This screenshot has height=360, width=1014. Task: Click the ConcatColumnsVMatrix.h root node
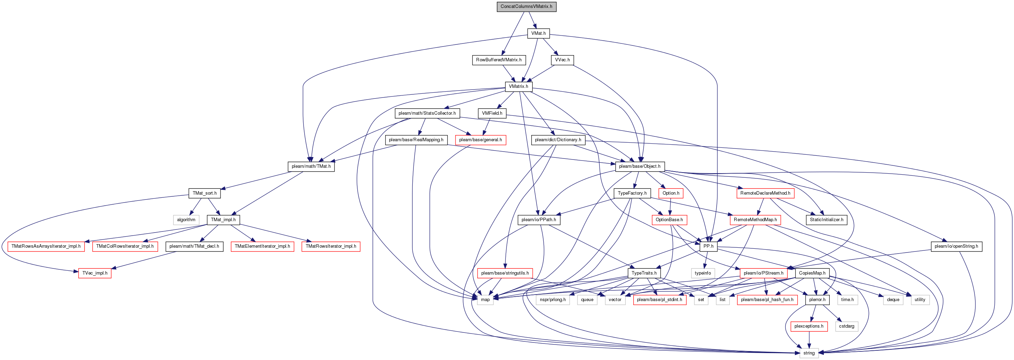tap(526, 7)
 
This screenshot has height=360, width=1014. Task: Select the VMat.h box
tap(539, 33)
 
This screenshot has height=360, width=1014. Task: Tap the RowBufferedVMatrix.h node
tap(499, 60)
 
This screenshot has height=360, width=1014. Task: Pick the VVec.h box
tap(562, 60)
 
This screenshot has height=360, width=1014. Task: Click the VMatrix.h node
tap(519, 86)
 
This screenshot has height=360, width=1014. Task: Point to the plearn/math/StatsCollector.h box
tap(427, 113)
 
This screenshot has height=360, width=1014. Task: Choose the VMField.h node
tap(492, 113)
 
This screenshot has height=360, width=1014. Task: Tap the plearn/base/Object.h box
tap(640, 166)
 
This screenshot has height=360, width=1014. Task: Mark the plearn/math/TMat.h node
tap(311, 166)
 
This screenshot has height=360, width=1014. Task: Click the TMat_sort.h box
tap(204, 193)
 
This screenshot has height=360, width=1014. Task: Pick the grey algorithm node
tap(186, 220)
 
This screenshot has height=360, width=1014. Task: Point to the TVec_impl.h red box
tap(94, 273)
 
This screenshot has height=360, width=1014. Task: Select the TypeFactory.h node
tap(632, 193)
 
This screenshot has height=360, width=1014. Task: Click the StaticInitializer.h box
tap(826, 220)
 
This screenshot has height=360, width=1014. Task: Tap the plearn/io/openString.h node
tap(956, 247)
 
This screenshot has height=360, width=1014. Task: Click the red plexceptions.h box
tap(809, 327)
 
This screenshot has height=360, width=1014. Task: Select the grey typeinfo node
tap(703, 273)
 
